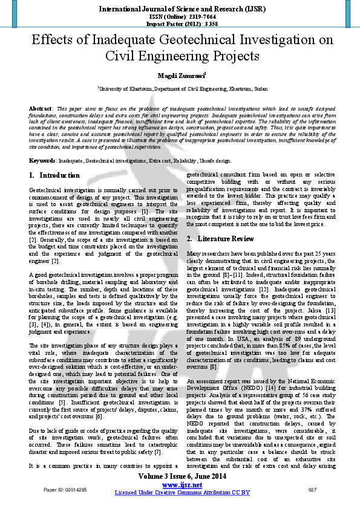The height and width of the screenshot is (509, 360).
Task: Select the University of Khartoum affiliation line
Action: (180, 88)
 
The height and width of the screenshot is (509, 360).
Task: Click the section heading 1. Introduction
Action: (54, 175)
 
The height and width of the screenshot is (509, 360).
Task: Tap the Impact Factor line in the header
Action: (180, 24)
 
